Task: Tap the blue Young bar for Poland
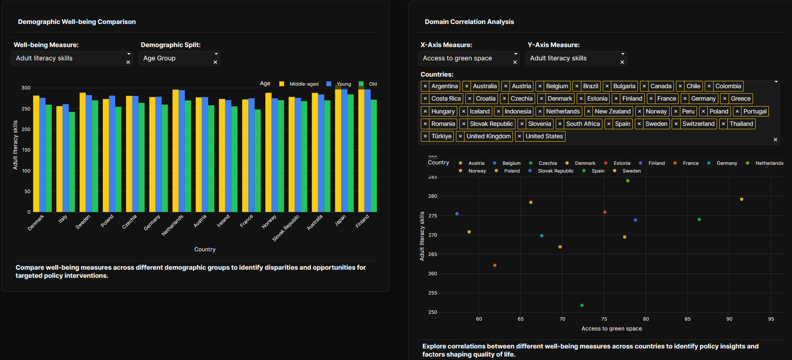coord(112,154)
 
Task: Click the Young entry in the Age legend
coord(343,84)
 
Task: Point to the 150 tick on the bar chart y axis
coord(26,150)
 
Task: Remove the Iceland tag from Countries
coord(464,111)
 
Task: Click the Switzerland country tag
coord(698,124)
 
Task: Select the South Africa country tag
coord(583,124)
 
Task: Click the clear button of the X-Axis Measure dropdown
coord(515,62)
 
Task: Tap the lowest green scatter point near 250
coord(582,305)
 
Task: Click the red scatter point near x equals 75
coord(604,212)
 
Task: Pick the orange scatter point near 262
coord(495,265)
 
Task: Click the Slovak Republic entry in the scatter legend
coord(555,171)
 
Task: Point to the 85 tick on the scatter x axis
coord(688,319)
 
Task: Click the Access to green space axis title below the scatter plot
coord(611,329)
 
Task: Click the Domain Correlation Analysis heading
coord(469,22)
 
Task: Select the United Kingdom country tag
coord(488,136)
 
